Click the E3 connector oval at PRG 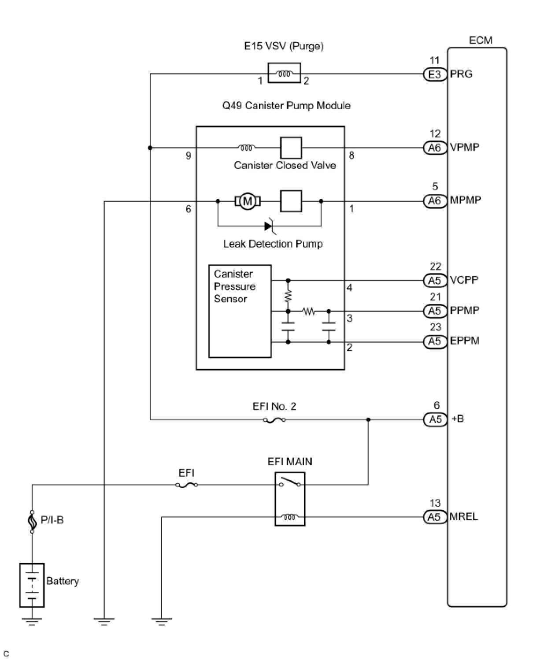[434, 74]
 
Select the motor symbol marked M [248, 202]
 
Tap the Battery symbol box [32, 585]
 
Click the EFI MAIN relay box [289, 499]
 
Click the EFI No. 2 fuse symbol [274, 420]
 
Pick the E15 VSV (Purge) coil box [284, 73]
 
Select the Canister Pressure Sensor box [240, 311]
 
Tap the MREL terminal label [463, 517]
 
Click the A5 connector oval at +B [435, 419]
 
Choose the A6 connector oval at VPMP [434, 148]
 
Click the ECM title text [480, 41]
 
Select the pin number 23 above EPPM [435, 327]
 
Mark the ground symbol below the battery [32, 621]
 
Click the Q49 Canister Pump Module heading [286, 106]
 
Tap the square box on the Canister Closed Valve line [291, 148]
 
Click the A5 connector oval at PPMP [434, 311]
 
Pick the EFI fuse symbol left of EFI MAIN [187, 485]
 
